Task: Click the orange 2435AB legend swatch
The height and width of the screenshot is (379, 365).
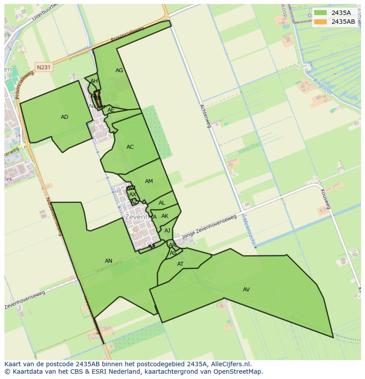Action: tap(320, 22)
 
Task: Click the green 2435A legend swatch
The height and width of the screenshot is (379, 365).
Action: tap(320, 13)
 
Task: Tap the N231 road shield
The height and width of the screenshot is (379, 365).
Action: tap(44, 67)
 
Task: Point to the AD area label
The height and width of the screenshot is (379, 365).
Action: tap(64, 117)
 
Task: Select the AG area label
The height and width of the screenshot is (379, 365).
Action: tap(119, 70)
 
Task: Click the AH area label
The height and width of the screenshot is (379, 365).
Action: tap(94, 81)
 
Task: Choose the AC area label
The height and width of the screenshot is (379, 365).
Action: tap(130, 147)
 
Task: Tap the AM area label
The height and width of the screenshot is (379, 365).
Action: tap(149, 181)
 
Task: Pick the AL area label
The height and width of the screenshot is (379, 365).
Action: tap(162, 203)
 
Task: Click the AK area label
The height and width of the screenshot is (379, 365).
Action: tap(165, 216)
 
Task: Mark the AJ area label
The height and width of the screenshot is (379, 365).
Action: tap(167, 231)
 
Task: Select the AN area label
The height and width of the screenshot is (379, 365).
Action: tap(108, 261)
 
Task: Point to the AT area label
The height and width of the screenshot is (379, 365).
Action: tap(180, 264)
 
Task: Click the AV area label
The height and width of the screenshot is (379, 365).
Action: tap(246, 290)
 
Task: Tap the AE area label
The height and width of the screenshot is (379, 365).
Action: tap(111, 110)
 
